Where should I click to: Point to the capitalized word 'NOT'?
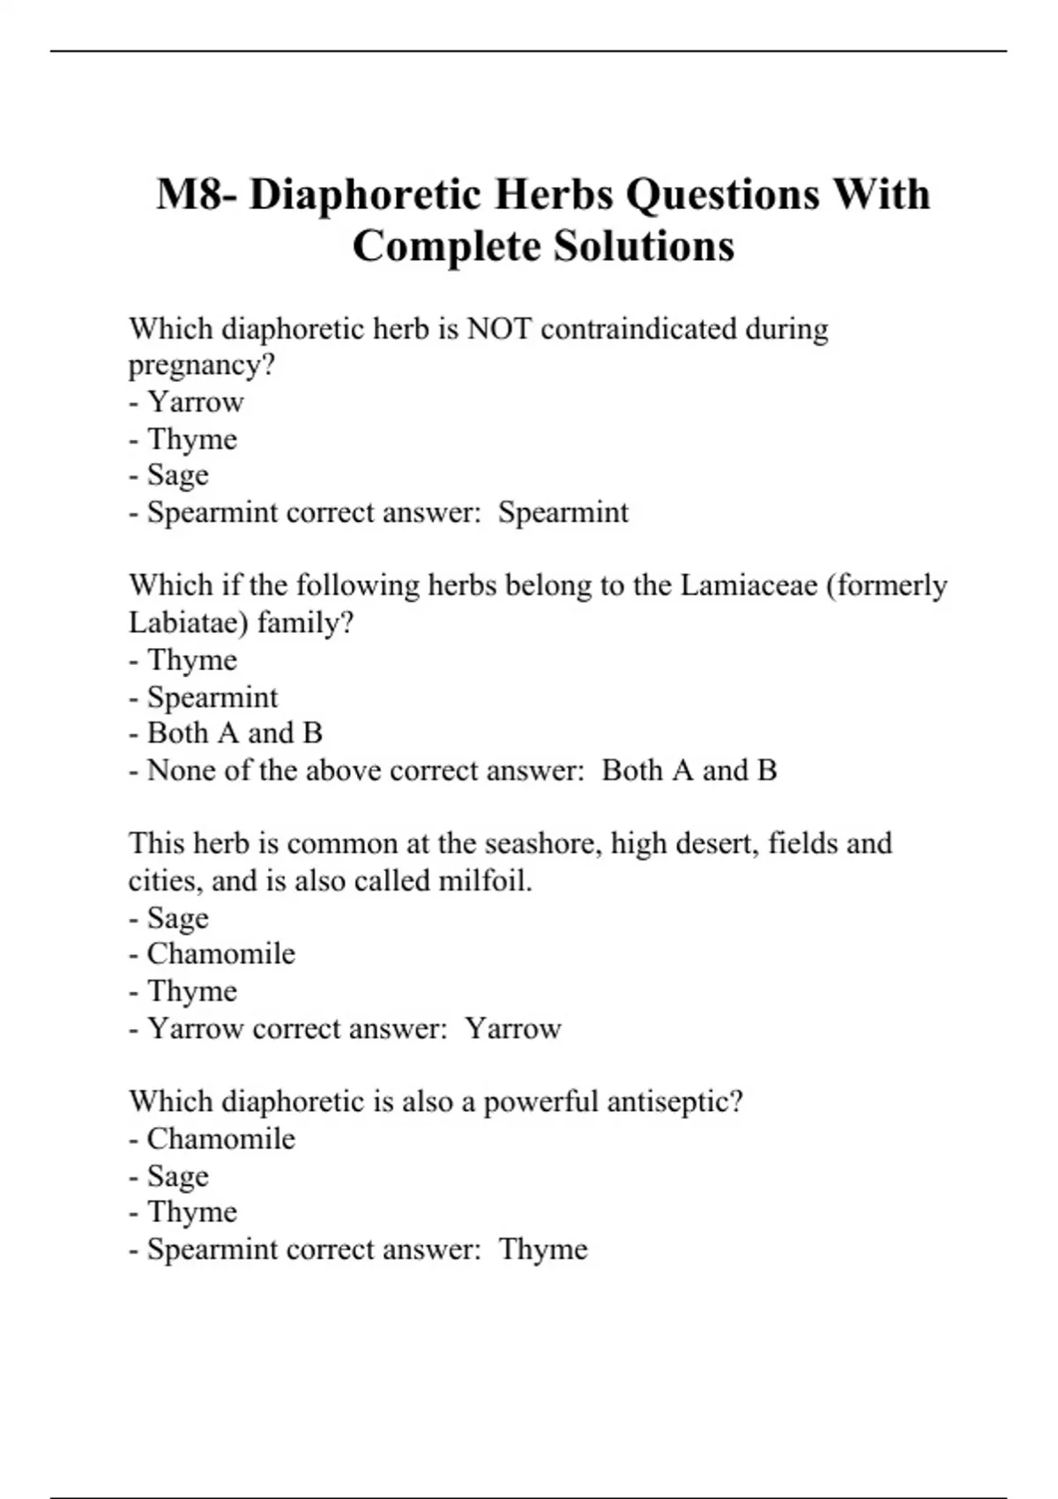(x=499, y=329)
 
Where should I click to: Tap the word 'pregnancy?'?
(x=202, y=365)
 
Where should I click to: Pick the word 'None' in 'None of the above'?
(x=181, y=771)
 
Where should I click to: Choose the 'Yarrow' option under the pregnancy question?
(x=195, y=402)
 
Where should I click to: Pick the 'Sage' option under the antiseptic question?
(x=177, y=1176)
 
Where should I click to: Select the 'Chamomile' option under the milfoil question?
(x=220, y=954)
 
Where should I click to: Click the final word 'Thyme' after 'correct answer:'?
(x=543, y=1249)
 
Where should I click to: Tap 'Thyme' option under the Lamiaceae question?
(x=191, y=660)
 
